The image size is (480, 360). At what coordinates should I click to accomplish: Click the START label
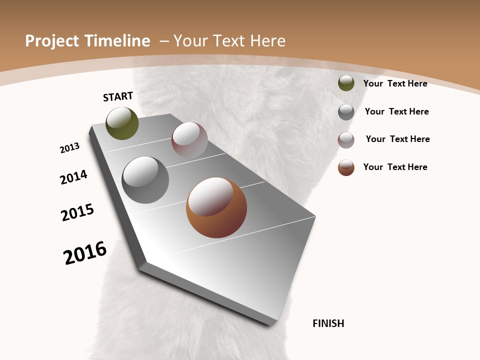118,96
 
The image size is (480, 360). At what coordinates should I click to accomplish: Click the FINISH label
328,323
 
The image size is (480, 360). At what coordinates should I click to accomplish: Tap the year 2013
70,148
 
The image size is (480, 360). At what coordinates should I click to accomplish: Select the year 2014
74,177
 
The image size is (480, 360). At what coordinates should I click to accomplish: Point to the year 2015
77,212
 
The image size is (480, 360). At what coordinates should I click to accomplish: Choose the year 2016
85,253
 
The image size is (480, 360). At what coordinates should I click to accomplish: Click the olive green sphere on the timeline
122,123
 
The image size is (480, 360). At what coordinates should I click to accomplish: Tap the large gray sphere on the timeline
145,180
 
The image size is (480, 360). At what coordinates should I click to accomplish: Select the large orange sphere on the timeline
216,207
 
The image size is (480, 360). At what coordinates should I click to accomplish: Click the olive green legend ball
346,83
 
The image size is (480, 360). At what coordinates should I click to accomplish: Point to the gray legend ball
346,112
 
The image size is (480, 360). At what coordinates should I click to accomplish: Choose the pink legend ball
346,140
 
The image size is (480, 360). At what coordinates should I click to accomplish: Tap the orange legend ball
346,167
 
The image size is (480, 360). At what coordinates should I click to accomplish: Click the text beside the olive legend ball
395,83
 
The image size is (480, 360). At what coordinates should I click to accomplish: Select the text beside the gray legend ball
396,111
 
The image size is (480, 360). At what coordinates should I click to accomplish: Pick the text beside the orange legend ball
395,167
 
